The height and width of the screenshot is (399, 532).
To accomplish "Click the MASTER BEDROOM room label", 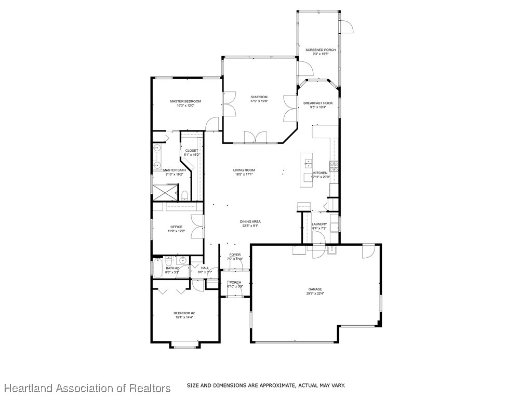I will [185, 101].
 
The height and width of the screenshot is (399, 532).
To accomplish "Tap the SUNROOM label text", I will [259, 97].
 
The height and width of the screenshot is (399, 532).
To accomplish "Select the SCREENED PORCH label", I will [321, 50].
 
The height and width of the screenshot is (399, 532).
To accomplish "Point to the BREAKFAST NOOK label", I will [318, 103].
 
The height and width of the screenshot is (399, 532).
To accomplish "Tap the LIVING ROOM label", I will [244, 170].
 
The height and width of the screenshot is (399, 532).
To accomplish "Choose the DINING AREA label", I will [250, 222].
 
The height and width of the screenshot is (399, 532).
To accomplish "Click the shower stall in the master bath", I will [163, 192].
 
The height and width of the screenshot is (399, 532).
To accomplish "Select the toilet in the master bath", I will [184, 195].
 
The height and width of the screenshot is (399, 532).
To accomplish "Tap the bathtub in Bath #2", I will [156, 268].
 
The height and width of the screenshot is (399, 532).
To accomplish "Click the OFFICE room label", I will [176, 227].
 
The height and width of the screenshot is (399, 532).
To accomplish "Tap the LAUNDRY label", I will [319, 224].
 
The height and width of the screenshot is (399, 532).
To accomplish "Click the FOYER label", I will [235, 255].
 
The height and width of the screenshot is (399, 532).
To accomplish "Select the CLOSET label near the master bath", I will [192, 151].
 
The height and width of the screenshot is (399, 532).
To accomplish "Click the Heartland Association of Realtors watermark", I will [87, 388].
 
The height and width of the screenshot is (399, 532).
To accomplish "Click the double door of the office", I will [198, 228].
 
